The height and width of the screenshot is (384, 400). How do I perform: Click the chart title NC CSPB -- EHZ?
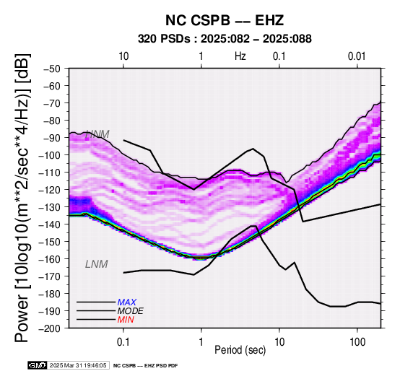(225, 20)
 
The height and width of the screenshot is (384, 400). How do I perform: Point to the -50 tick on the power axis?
(53, 69)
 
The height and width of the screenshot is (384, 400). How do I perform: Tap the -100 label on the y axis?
(51, 155)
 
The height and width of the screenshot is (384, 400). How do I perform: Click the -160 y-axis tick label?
(51, 259)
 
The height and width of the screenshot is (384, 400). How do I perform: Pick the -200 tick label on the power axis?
(51, 328)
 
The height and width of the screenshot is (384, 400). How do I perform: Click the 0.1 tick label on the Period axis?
(123, 342)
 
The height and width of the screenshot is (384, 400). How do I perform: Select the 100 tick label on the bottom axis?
(357, 342)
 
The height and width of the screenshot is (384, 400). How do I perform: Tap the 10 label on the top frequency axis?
(123, 56)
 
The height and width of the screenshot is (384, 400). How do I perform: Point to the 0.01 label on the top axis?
(357, 56)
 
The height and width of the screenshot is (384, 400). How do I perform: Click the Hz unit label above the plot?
(240, 56)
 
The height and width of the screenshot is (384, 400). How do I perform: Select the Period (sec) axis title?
(240, 350)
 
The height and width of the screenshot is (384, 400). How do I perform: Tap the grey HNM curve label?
(97, 134)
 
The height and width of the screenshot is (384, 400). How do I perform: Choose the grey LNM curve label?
(97, 264)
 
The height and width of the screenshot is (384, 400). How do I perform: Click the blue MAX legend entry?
(127, 302)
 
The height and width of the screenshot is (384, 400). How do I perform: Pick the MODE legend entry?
(131, 311)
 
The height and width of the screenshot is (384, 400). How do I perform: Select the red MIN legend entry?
(126, 320)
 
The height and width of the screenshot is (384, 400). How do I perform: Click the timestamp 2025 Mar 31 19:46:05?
(78, 365)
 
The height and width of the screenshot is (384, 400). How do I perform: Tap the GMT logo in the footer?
(38, 365)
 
